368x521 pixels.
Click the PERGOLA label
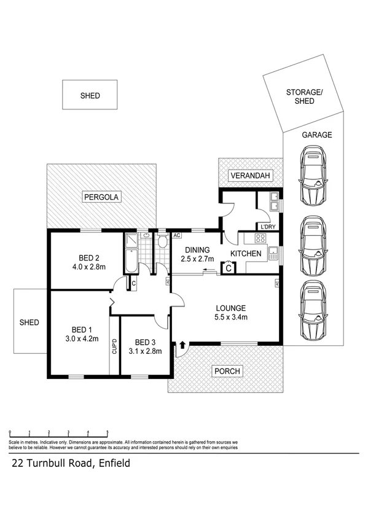tap(102, 197)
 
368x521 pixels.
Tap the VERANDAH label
tap(251, 176)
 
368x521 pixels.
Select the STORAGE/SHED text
tap(304, 97)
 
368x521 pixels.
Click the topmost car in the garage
tap(313, 179)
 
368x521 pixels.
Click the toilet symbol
tap(163, 242)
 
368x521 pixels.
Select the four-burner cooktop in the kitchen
tap(251, 239)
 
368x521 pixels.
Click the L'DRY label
tap(268, 227)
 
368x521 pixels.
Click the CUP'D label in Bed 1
tap(114, 347)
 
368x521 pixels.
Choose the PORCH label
tap(227, 371)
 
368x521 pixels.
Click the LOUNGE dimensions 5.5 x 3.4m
tap(231, 317)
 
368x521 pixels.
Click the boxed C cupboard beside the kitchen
tap(229, 268)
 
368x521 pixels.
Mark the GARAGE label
tap(316, 135)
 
